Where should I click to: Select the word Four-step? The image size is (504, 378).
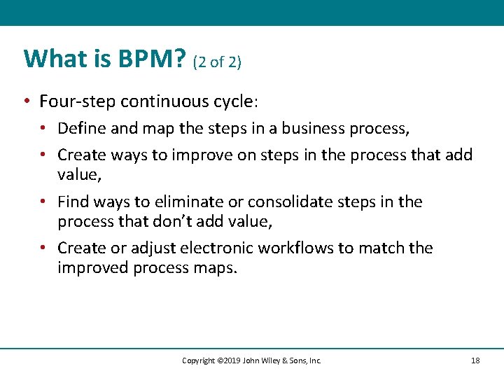point(77,101)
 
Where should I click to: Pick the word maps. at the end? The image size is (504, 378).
point(218,268)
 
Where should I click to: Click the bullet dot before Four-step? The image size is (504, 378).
point(25,102)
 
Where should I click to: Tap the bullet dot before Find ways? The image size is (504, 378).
point(43,202)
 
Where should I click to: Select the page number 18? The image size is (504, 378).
point(476,360)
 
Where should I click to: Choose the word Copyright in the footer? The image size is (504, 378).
point(198,360)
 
